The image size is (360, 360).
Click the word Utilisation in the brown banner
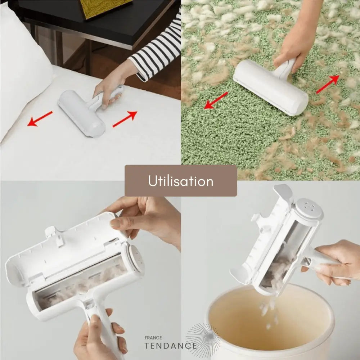pos(181,181)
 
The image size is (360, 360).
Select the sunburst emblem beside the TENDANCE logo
pos(203,340)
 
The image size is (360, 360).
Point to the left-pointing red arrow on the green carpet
pos(216,100)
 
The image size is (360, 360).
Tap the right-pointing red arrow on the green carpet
pos(328,84)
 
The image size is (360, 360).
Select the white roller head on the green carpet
pos(270,87)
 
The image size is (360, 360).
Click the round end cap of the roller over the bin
pos(309,208)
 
